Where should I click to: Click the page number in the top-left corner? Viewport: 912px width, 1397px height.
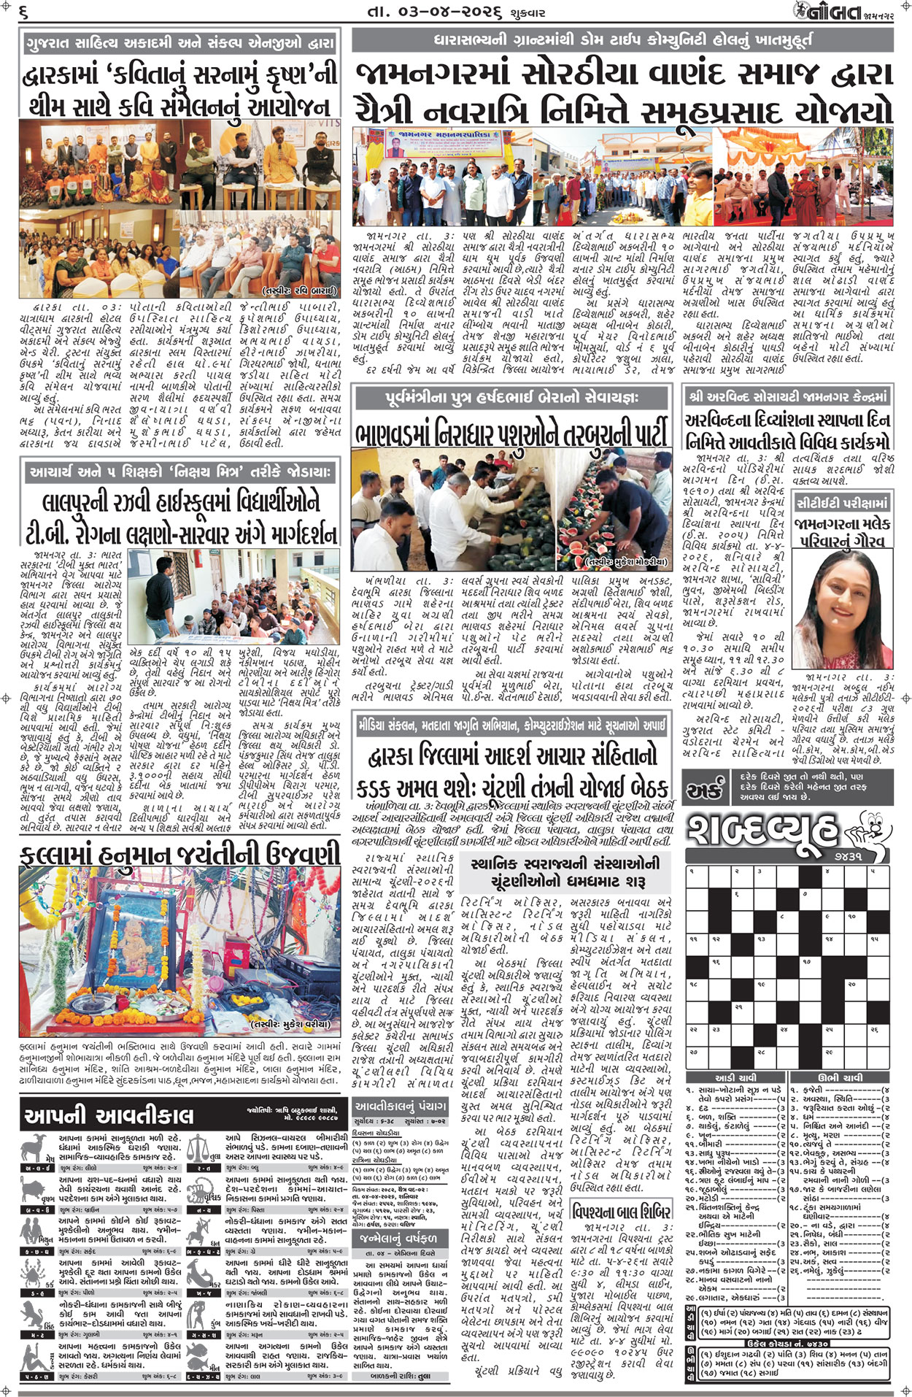[x=24, y=12]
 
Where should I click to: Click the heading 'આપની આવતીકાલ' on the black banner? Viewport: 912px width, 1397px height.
[x=109, y=1115]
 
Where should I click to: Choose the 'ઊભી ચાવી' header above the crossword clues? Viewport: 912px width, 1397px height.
[x=840, y=1077]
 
